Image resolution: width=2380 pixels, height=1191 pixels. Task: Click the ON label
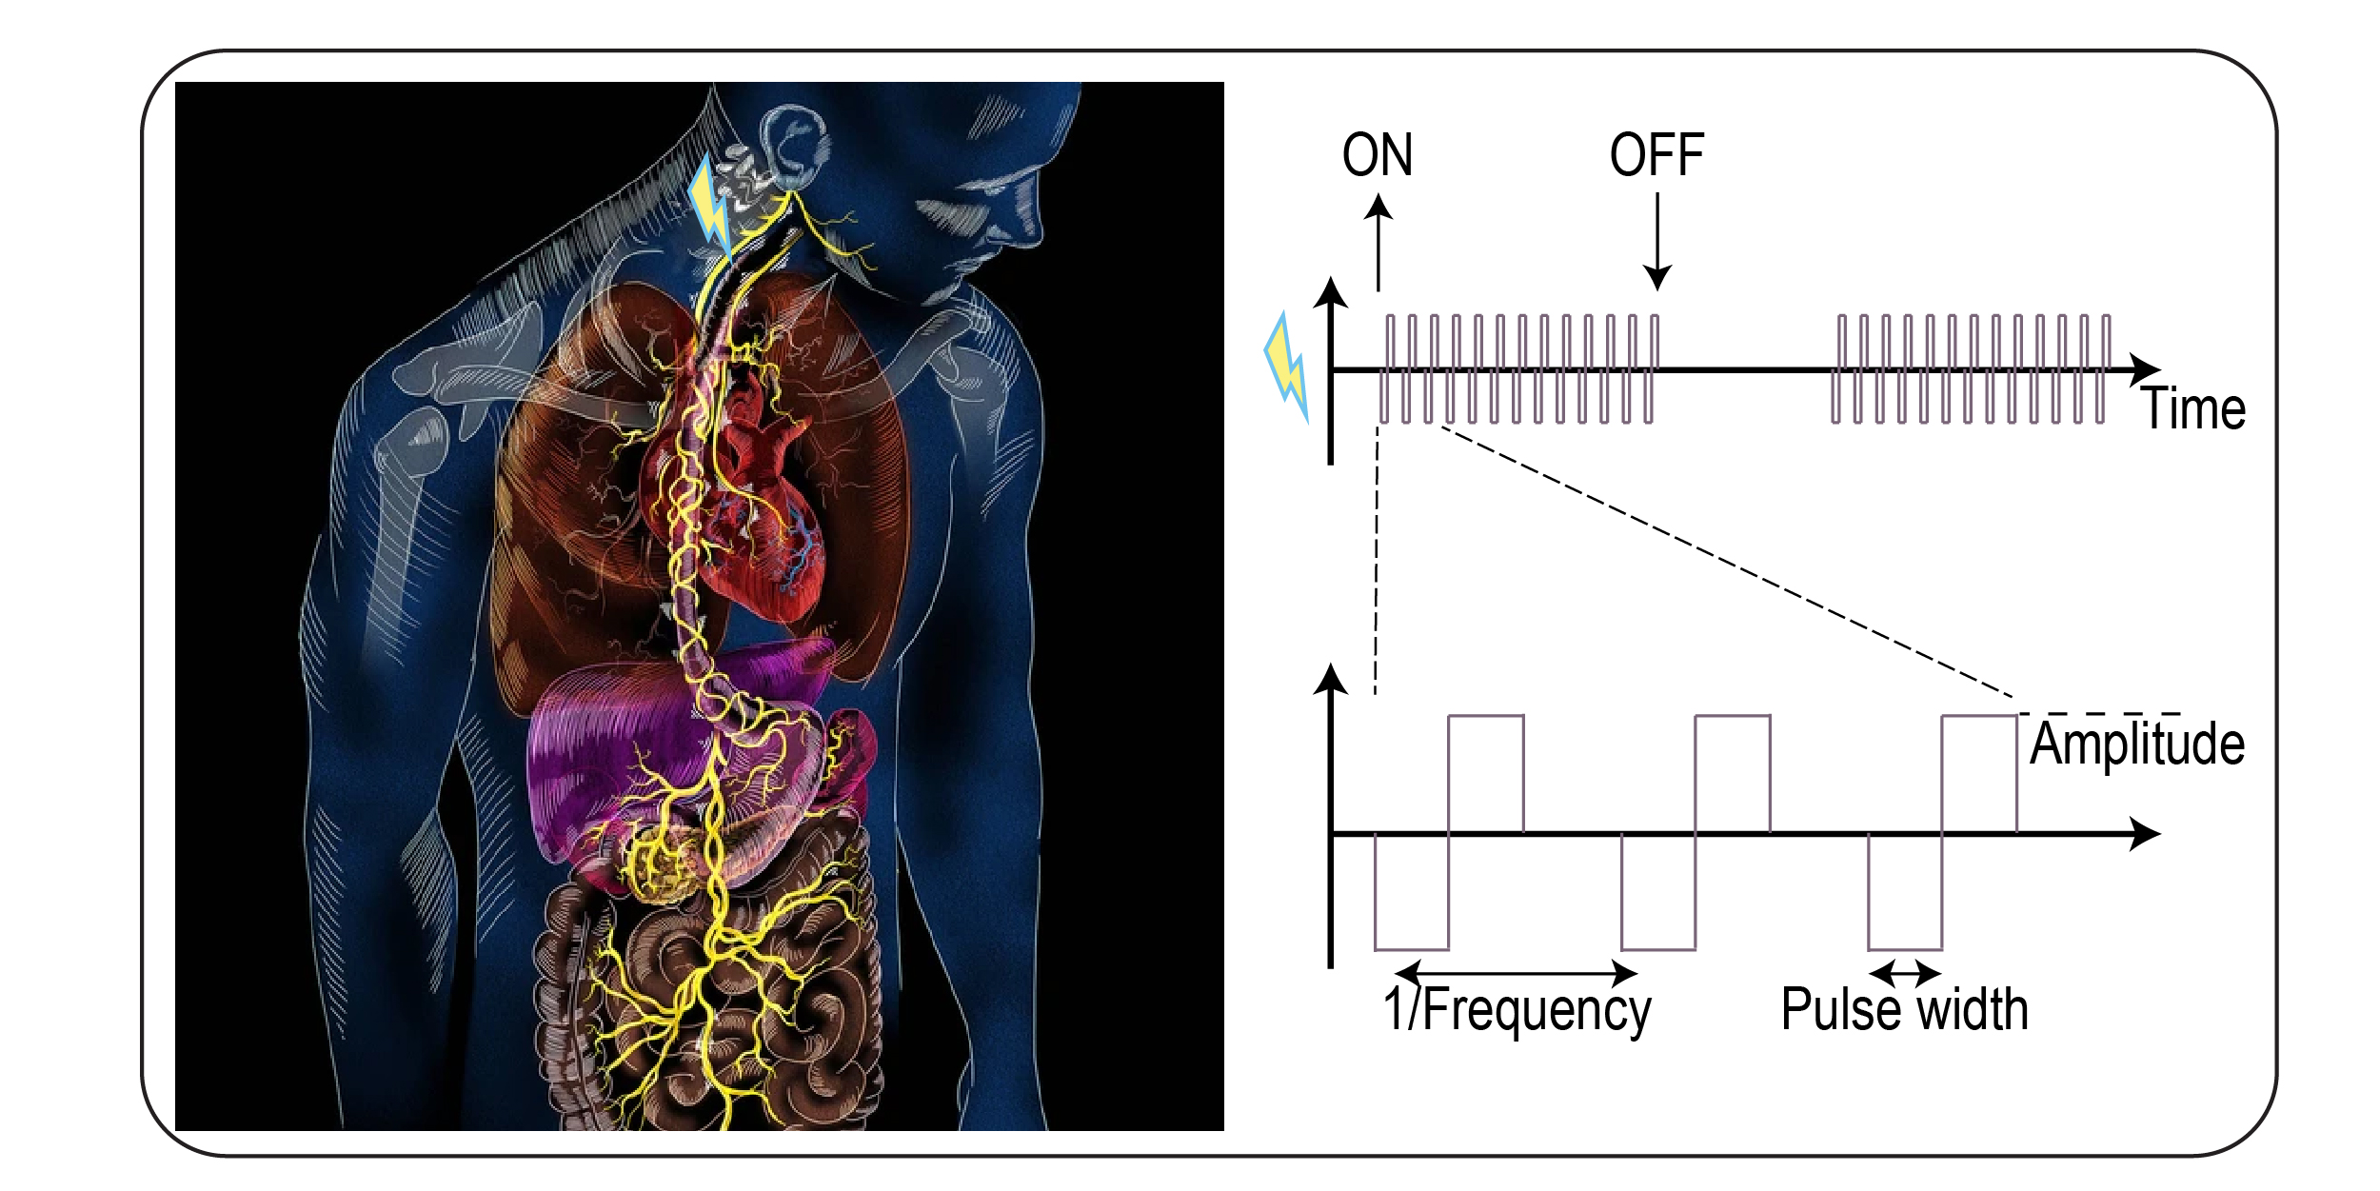(1377, 155)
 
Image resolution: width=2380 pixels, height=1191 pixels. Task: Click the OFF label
(1656, 155)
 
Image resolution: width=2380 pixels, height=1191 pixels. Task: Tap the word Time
(2193, 409)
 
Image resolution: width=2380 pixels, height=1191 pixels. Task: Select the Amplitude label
(2137, 744)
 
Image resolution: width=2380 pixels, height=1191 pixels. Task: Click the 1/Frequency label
(1517, 1010)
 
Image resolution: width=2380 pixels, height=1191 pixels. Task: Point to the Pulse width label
(1904, 1010)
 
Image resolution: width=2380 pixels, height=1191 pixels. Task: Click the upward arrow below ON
(1378, 242)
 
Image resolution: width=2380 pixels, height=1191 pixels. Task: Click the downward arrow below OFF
(1657, 242)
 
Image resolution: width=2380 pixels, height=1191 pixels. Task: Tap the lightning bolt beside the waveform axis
(1286, 367)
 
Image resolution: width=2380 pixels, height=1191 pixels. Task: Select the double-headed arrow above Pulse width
(1905, 973)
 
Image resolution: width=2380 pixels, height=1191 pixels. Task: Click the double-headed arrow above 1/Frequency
(1516, 973)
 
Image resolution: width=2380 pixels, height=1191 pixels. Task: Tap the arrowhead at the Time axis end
(2146, 369)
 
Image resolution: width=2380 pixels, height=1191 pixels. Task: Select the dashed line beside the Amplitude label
(2099, 713)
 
